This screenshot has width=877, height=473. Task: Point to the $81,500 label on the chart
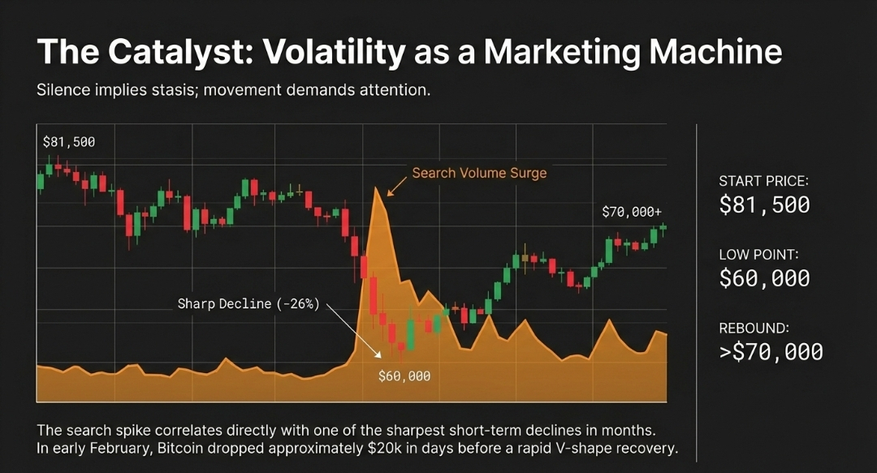(69, 142)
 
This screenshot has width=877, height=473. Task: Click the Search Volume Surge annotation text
(479, 173)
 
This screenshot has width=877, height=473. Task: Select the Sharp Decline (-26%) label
(248, 304)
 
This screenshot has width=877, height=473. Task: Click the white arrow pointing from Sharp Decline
(354, 332)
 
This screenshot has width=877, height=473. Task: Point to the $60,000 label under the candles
(404, 376)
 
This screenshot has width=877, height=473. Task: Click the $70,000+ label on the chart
(632, 212)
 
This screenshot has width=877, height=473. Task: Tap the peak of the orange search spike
(377, 189)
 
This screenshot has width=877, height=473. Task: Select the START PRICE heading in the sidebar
(764, 182)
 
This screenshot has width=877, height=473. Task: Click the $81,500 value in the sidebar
(764, 205)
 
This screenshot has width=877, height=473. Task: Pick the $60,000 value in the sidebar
(764, 278)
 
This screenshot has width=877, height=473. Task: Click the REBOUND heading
(754, 329)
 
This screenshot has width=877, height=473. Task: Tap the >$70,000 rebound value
(771, 352)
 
